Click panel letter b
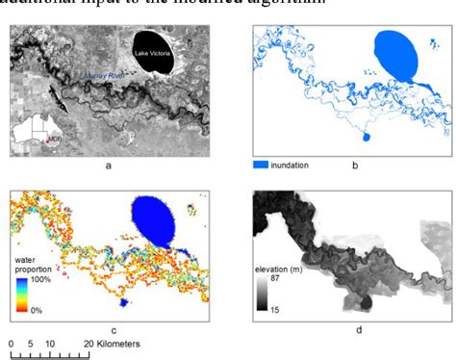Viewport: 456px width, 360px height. (355, 166)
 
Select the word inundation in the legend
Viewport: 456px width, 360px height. (290, 165)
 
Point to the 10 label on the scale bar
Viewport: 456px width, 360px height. (49, 343)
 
